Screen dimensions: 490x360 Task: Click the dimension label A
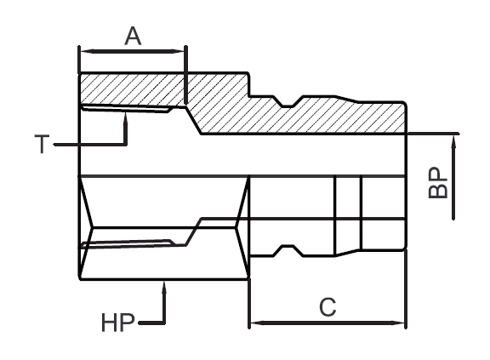(133, 36)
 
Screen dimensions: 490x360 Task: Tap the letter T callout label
(42, 144)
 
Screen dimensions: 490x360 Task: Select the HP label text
(117, 323)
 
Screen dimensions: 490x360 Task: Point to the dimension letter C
(328, 307)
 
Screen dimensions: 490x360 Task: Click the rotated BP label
(437, 183)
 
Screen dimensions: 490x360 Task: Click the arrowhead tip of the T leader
(126, 113)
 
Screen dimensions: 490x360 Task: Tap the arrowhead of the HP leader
(163, 282)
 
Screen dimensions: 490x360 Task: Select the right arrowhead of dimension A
(185, 51)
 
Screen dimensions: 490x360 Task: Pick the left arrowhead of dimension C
(251, 323)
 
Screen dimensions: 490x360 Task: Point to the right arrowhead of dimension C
(405, 323)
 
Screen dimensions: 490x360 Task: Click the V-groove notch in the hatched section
(288, 103)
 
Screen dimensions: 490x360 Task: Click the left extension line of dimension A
(79, 60)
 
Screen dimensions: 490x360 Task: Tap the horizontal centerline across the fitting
(243, 176)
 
